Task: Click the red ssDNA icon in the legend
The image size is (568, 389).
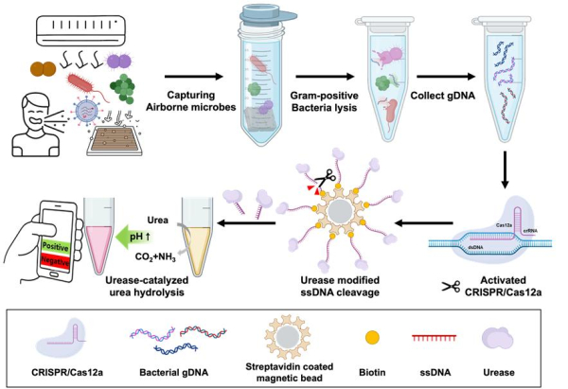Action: tap(432, 335)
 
